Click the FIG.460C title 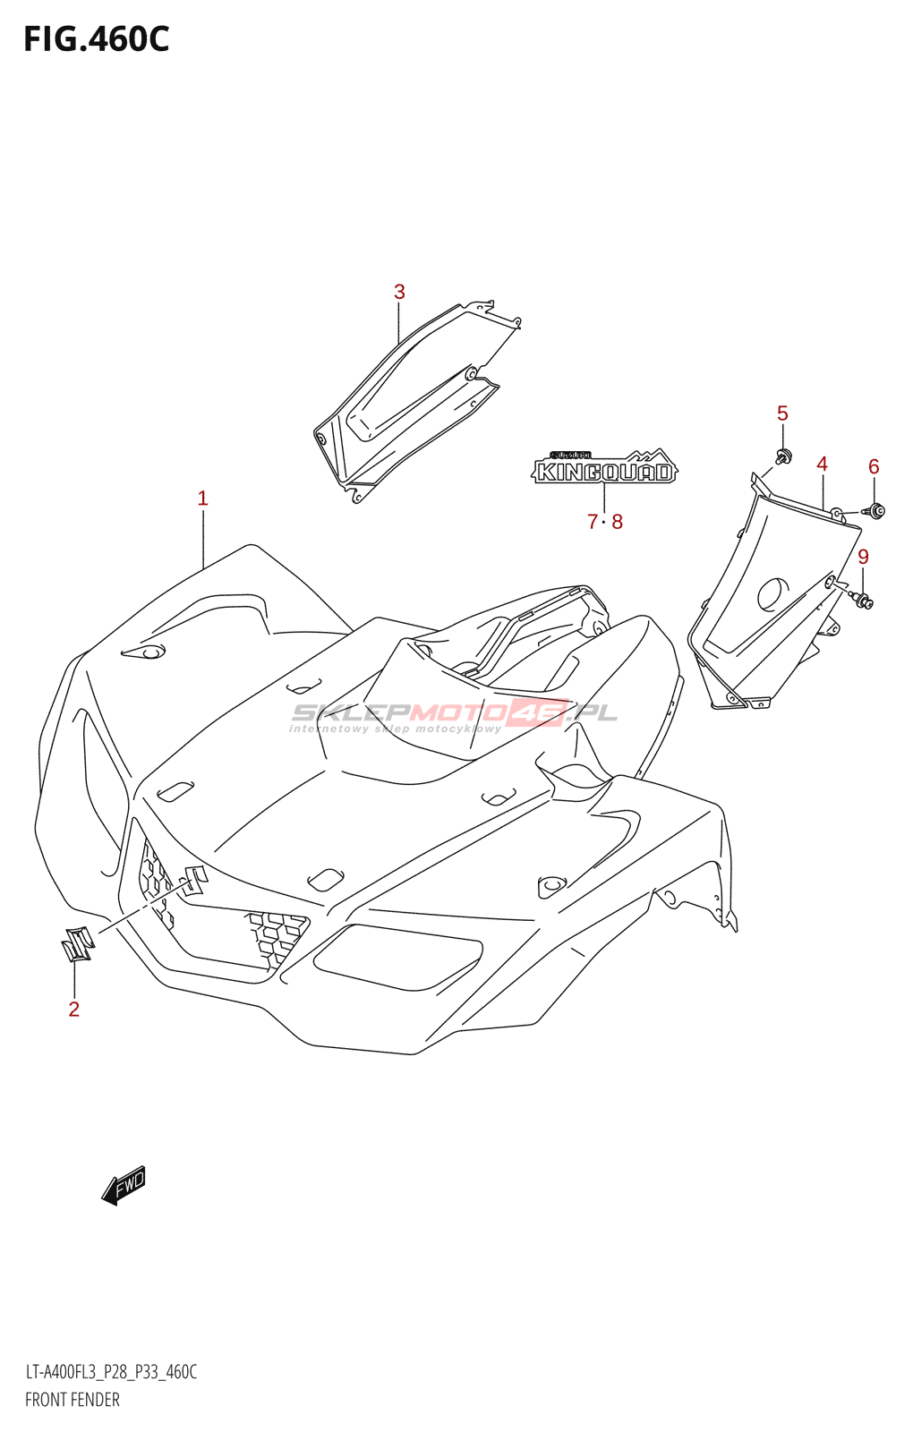[96, 39]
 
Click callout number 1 [203, 499]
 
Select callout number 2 [74, 1010]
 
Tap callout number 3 [399, 292]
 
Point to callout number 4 [822, 464]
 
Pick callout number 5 [782, 413]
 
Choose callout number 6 [874, 466]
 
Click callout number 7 [592, 522]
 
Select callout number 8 [617, 522]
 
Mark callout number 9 [863, 557]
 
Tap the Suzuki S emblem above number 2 [77, 943]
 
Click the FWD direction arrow [124, 1185]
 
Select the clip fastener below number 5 [784, 458]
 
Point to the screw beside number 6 [875, 511]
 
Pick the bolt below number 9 [863, 600]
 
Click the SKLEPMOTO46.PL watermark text [455, 713]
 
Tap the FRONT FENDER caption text [73, 1400]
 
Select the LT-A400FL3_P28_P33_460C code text [111, 1372]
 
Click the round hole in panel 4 [773, 594]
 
